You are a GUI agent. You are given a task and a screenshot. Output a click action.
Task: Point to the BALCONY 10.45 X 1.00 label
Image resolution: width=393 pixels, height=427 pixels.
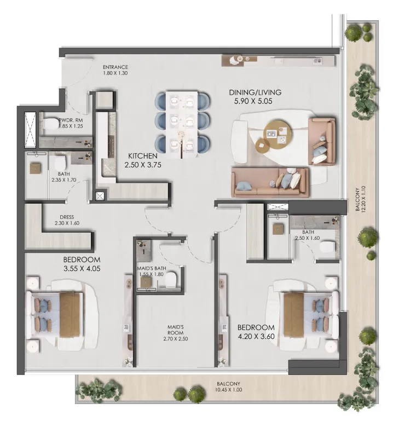228,387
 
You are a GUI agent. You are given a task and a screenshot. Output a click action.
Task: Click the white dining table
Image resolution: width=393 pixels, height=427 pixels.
181,122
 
